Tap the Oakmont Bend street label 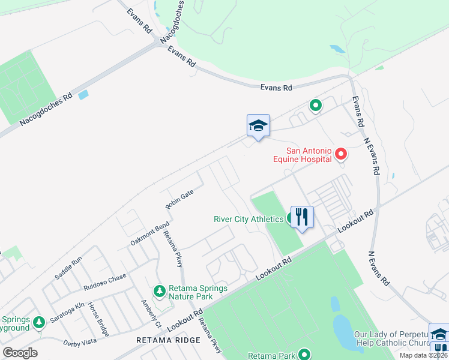(x=142, y=234)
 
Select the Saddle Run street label (x=68, y=268)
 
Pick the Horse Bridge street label (x=98, y=319)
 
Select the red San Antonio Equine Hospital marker (x=341, y=154)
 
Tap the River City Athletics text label (x=249, y=219)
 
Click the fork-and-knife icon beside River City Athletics (x=301, y=217)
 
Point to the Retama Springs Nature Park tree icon (x=159, y=291)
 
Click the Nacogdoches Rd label (x=46, y=109)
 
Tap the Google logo (x=19, y=353)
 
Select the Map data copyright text (x=424, y=355)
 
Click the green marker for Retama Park (x=305, y=355)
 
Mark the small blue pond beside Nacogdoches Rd (x=83, y=94)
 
